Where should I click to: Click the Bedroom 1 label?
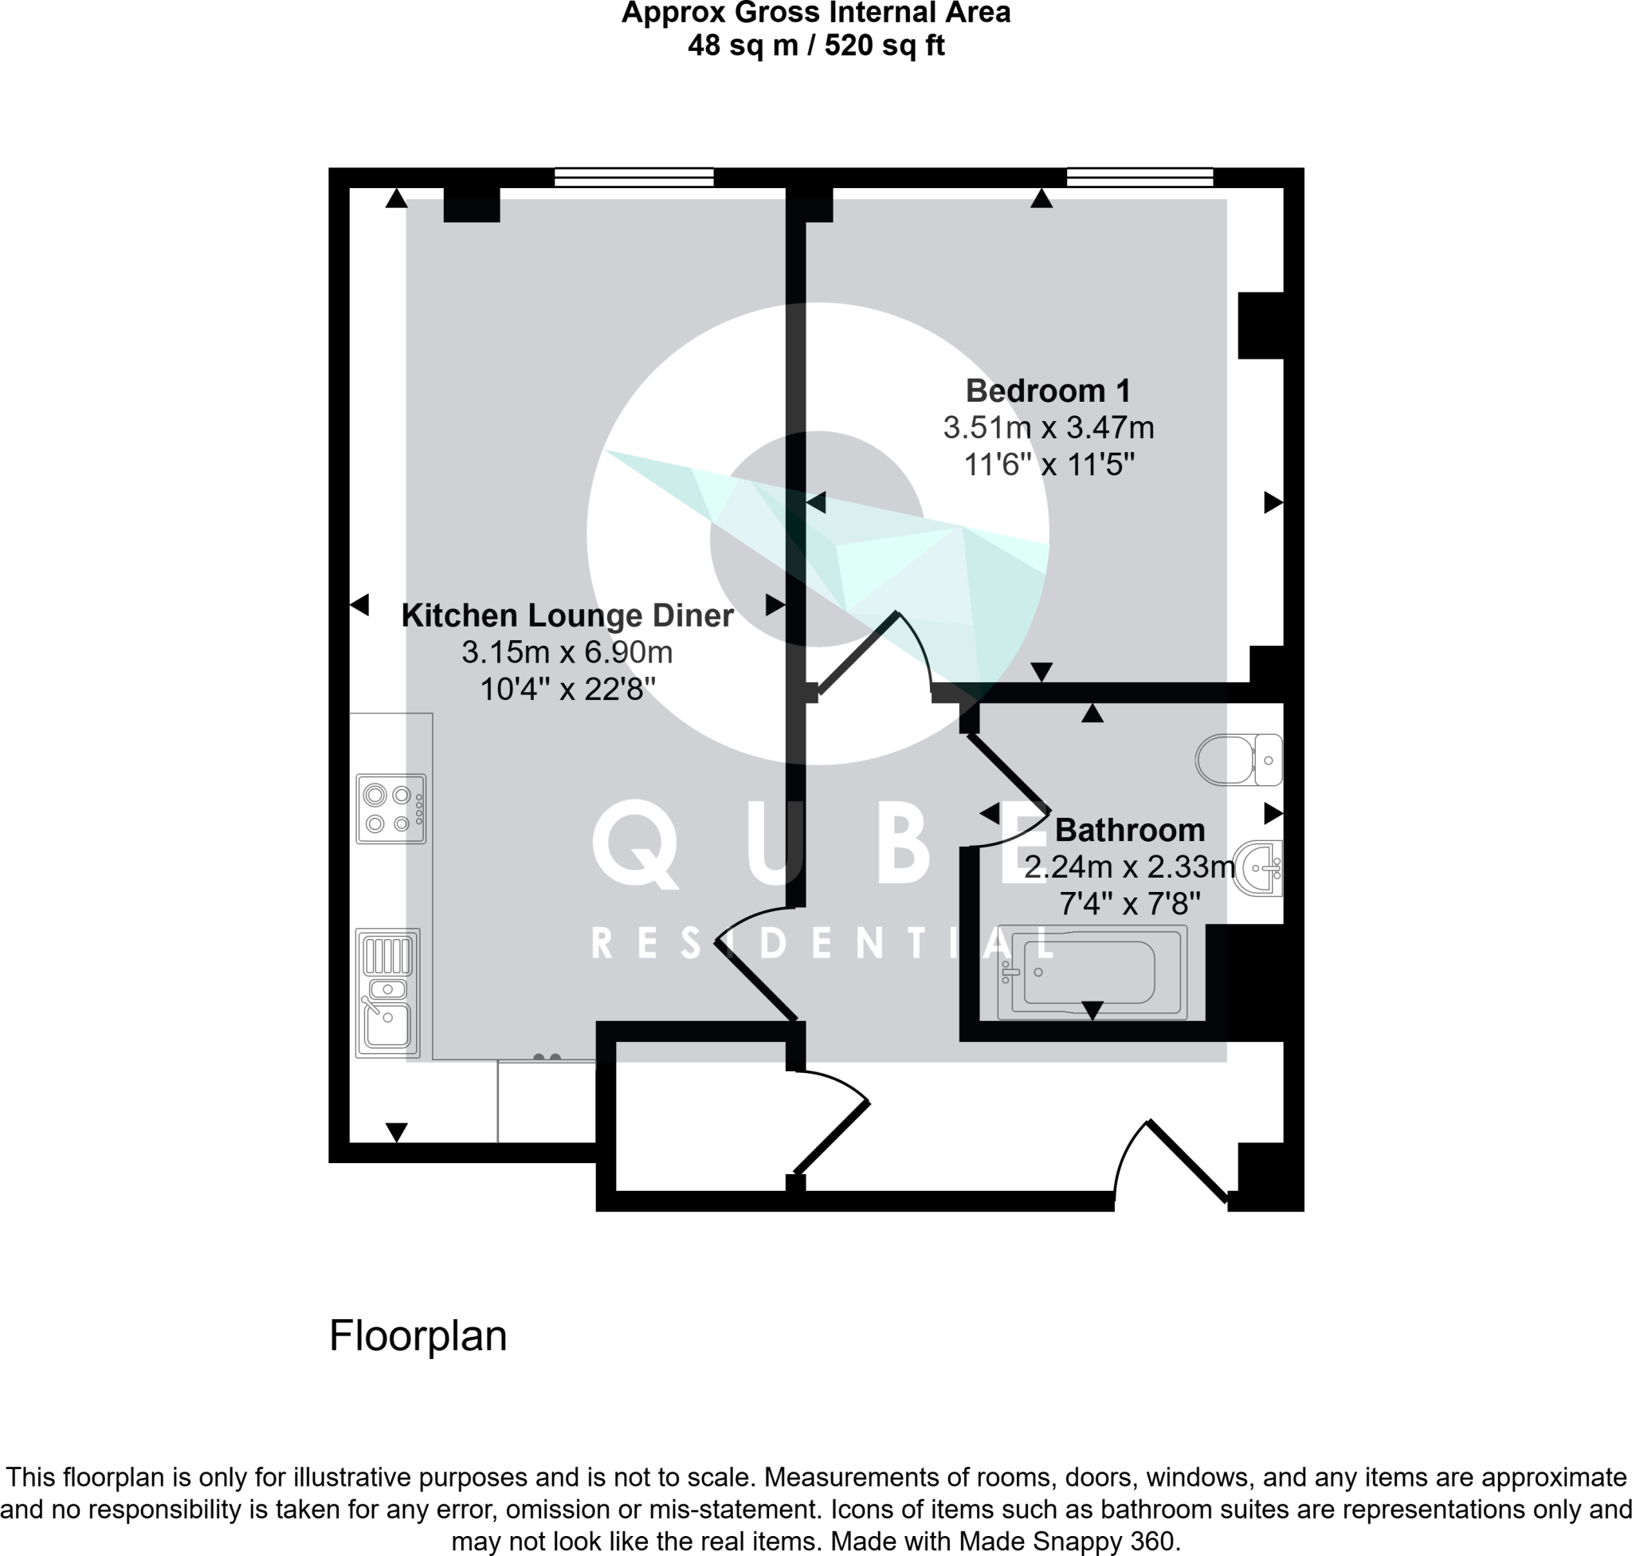(x=1047, y=391)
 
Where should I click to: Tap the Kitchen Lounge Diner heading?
(x=567, y=615)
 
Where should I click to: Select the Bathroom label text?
(x=1128, y=830)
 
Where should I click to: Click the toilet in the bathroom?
(x=1238, y=759)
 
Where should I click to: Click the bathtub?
(x=1091, y=972)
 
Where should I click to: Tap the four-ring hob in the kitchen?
(x=390, y=808)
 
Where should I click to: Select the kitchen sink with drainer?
(x=387, y=992)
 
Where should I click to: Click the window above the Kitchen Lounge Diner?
(x=634, y=177)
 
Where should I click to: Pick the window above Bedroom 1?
(x=1140, y=177)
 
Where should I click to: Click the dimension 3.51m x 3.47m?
(x=1047, y=428)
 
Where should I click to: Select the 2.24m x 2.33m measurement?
(x=1128, y=866)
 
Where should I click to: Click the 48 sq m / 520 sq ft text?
(x=815, y=45)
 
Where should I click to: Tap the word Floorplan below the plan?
(x=417, y=1335)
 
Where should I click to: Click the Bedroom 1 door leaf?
(x=858, y=652)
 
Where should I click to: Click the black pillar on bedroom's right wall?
(x=1261, y=325)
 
